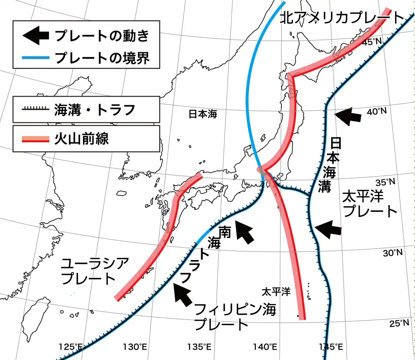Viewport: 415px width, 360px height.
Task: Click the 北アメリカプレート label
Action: [x=342, y=18]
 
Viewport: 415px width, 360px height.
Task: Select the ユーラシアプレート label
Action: [x=95, y=270]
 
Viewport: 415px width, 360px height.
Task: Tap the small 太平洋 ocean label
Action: [x=276, y=292]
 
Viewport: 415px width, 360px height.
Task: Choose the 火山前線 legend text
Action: [x=81, y=138]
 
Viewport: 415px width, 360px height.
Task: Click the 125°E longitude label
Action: [x=71, y=347]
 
